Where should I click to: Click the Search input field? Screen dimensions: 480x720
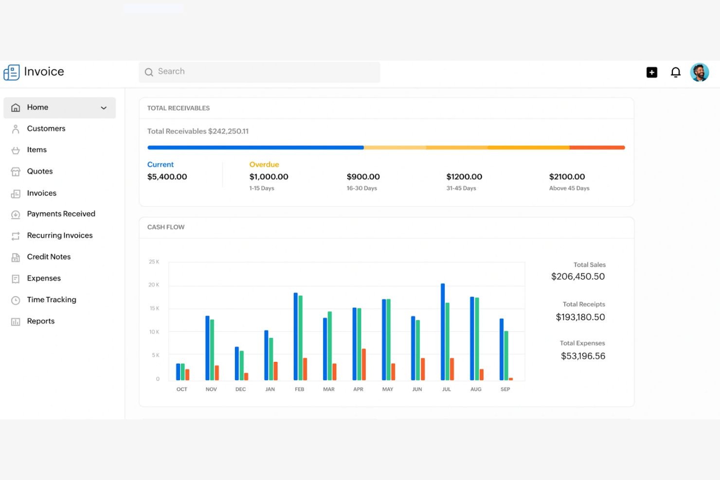(259, 72)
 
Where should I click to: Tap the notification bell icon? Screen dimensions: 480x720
(675, 72)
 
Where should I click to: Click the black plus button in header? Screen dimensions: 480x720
(651, 72)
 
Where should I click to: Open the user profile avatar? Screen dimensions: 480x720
(699, 72)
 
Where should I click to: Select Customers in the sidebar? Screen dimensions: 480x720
(46, 128)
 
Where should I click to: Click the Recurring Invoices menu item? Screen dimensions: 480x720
(59, 235)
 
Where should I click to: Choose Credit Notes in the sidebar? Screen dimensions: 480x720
(49, 257)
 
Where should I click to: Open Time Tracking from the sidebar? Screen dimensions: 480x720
(51, 300)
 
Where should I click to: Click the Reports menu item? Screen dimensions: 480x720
(40, 321)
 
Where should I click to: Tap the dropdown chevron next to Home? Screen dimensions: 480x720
(104, 108)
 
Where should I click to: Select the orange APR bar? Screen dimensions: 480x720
(364, 364)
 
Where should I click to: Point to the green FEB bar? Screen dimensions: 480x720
(301, 338)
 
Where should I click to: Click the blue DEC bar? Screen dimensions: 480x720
(237, 363)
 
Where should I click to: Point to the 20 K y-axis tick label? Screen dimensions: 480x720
(154, 285)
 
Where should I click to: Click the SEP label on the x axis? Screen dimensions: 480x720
(505, 389)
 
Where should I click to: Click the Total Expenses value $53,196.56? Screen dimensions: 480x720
(583, 356)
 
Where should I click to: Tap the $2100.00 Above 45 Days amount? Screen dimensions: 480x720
(567, 177)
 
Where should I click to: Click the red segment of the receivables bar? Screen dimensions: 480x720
(597, 147)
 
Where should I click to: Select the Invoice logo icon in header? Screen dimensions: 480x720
(12, 72)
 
